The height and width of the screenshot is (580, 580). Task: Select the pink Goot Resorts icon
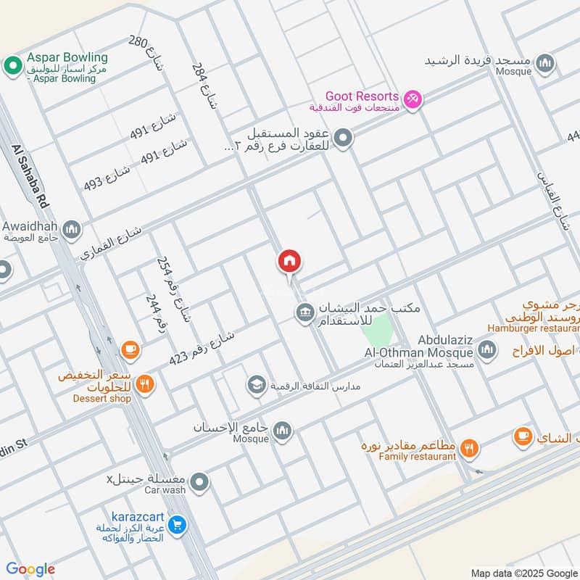(413, 99)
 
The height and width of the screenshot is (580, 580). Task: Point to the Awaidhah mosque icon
(71, 231)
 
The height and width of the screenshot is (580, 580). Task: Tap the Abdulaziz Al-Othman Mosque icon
(487, 351)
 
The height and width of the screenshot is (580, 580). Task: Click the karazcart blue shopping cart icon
(177, 523)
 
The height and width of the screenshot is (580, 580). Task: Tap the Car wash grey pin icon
(201, 481)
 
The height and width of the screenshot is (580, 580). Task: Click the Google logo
(30, 569)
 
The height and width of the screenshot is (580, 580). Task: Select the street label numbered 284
(204, 85)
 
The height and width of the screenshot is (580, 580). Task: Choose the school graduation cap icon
(256, 384)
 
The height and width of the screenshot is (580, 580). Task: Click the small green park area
(378, 336)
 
